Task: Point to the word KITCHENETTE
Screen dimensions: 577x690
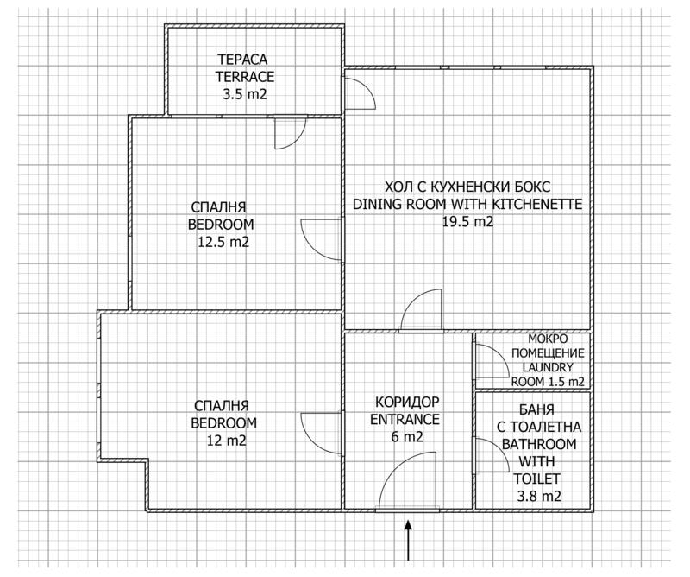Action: coord(537,205)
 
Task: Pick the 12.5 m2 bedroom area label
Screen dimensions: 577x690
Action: coord(223,242)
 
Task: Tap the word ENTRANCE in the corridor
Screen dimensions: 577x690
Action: coord(405,420)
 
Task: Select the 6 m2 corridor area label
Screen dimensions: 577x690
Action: coord(405,438)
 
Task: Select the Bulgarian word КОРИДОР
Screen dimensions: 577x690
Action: coord(408,403)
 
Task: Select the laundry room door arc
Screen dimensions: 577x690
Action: coord(492,360)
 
